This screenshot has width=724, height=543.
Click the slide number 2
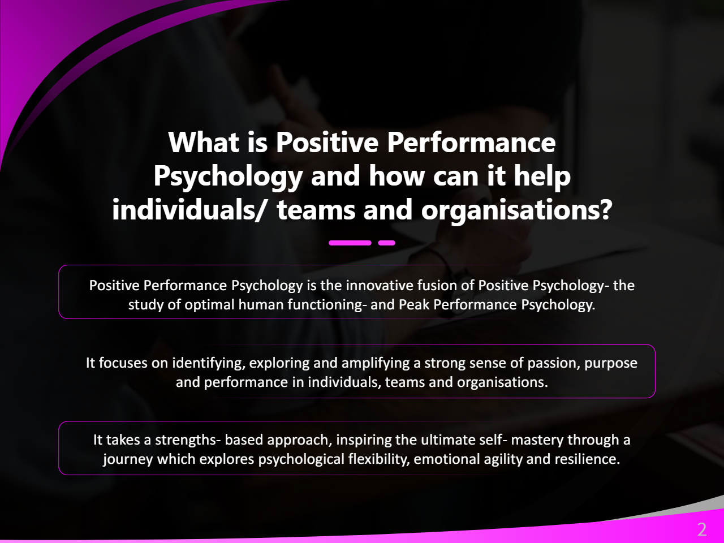coord(702,530)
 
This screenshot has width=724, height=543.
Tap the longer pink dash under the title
coord(350,243)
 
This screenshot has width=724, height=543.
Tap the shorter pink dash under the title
coord(386,243)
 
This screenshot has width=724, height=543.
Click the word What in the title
coord(204,143)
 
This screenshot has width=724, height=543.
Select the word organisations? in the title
coord(516,210)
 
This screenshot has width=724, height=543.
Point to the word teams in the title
coord(316,210)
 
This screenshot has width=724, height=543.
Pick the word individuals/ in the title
coord(188,209)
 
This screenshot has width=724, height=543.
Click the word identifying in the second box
coord(209,363)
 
